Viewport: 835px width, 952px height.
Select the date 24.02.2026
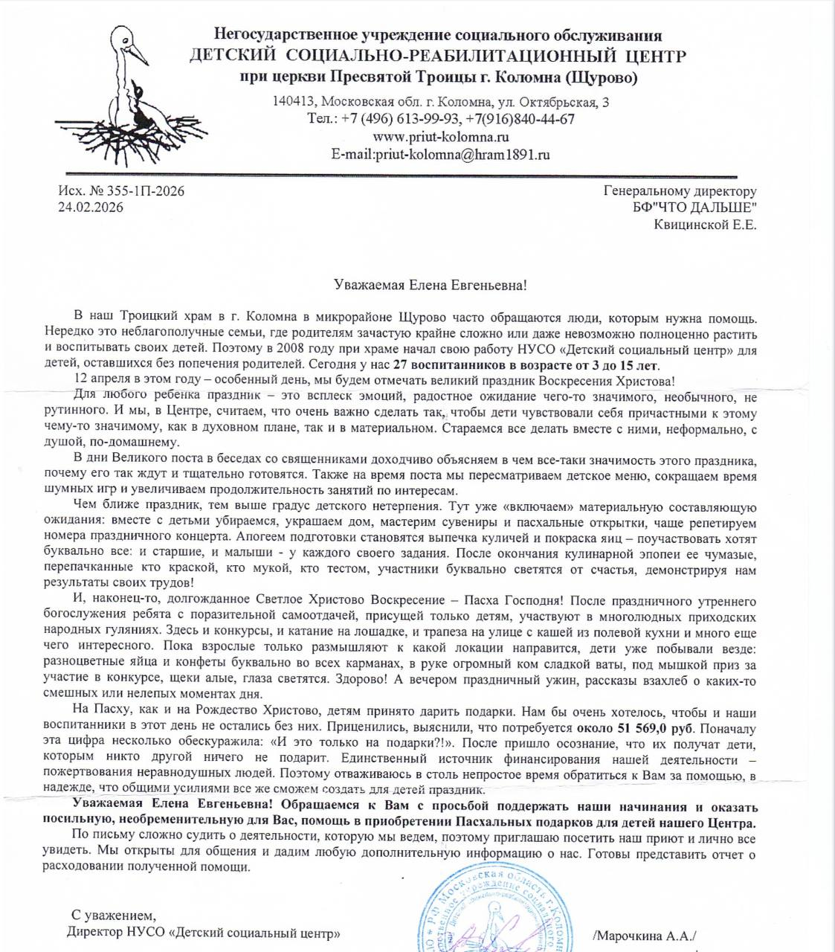[91, 208]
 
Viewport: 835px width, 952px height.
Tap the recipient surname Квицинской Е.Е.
[705, 225]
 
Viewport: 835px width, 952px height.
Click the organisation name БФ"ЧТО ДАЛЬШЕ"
[690, 208]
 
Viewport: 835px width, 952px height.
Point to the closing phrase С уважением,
[114, 915]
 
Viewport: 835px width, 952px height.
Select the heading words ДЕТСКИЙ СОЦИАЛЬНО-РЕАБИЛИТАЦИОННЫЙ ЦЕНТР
[437, 57]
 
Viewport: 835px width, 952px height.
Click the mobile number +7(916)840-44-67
[520, 119]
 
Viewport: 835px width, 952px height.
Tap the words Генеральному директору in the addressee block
[680, 191]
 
